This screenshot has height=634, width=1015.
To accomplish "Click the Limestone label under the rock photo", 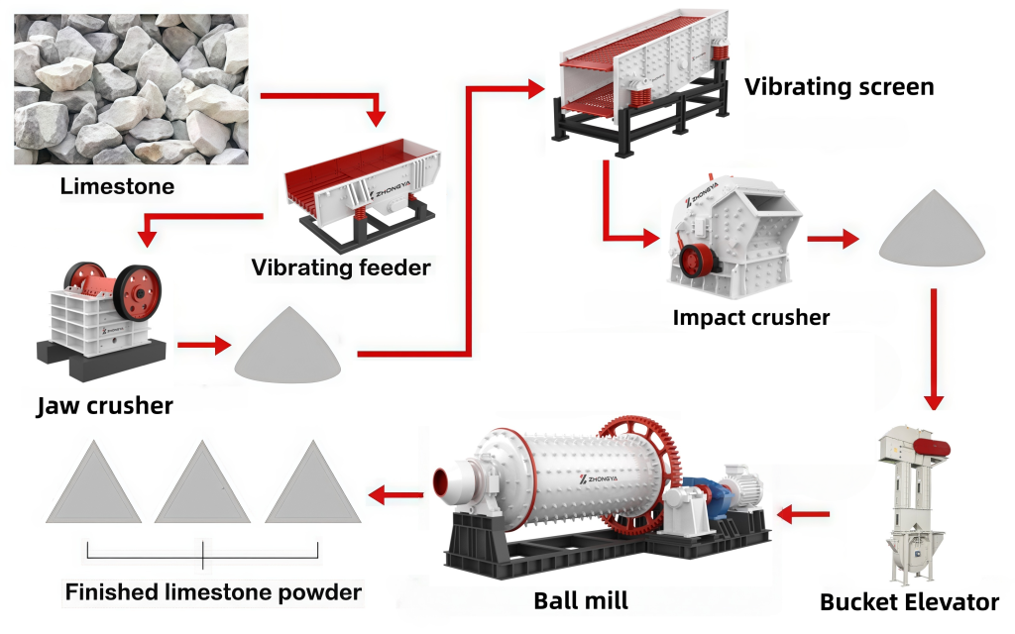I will (x=117, y=185).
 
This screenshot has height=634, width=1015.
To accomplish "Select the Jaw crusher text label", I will (x=104, y=405).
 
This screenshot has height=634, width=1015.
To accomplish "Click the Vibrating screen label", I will (x=839, y=87).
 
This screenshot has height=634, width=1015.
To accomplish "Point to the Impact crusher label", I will (x=750, y=318).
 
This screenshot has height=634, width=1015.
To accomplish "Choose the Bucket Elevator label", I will (x=909, y=601).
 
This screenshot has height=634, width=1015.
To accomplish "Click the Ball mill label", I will (x=580, y=599).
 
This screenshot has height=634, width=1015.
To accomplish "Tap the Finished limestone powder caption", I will (x=213, y=592).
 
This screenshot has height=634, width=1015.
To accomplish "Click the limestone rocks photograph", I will (x=131, y=89).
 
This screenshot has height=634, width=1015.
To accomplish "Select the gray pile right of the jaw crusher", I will (x=288, y=346).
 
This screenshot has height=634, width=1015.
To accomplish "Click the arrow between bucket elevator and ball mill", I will (x=805, y=513).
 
